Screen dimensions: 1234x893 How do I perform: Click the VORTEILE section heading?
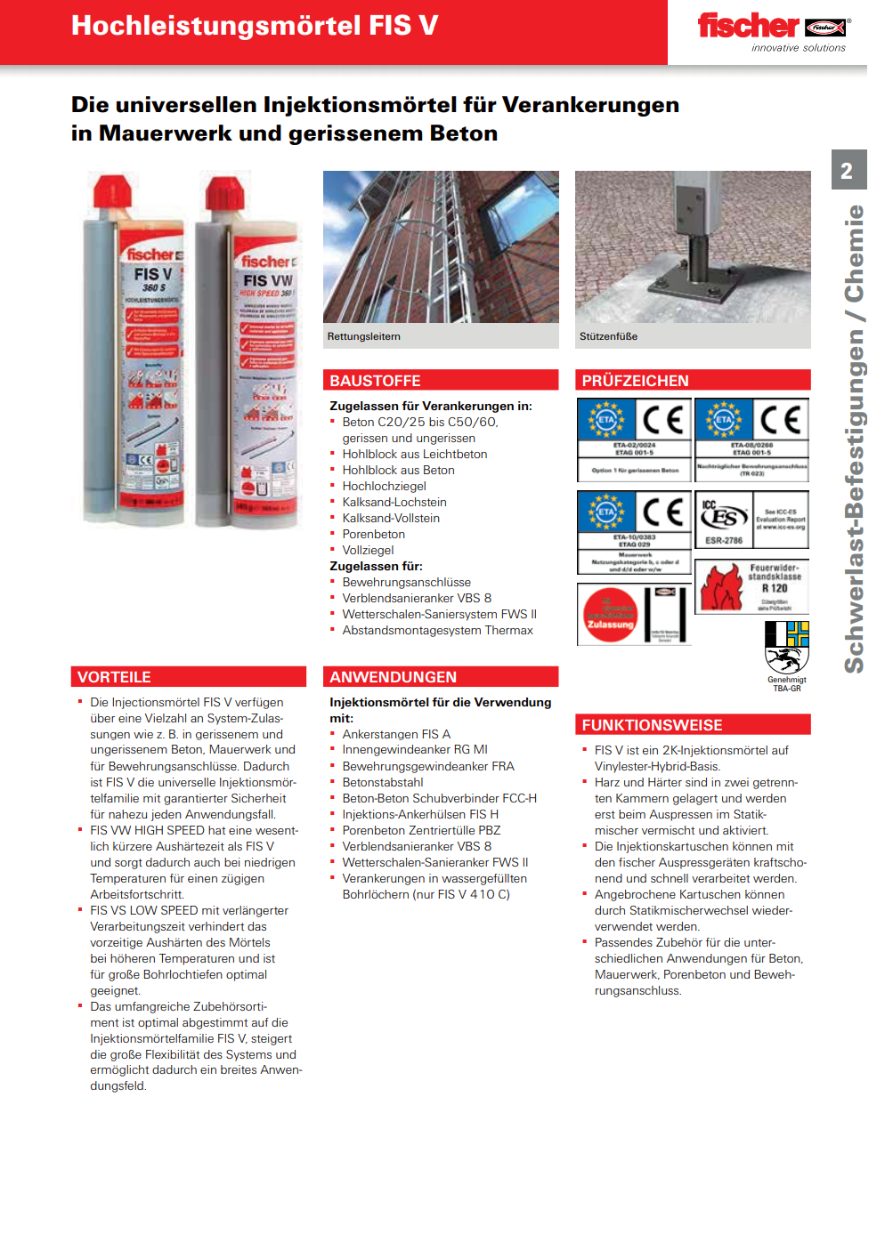[114, 677]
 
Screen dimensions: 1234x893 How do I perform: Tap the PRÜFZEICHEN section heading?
[635, 381]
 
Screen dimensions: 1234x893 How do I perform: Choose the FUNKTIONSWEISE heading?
[652, 725]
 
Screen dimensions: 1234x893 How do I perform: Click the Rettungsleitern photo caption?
[363, 336]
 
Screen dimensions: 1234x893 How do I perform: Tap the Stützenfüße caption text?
[608, 336]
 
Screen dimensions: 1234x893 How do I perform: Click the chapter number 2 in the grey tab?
[847, 171]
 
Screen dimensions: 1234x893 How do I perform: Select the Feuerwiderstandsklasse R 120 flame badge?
[751, 586]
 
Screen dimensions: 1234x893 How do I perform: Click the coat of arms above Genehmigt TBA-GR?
[787, 647]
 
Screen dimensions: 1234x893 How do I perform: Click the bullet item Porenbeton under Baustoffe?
[373, 534]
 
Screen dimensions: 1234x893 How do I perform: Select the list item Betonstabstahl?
[382, 782]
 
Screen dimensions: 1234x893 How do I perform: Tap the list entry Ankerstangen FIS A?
[396, 734]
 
